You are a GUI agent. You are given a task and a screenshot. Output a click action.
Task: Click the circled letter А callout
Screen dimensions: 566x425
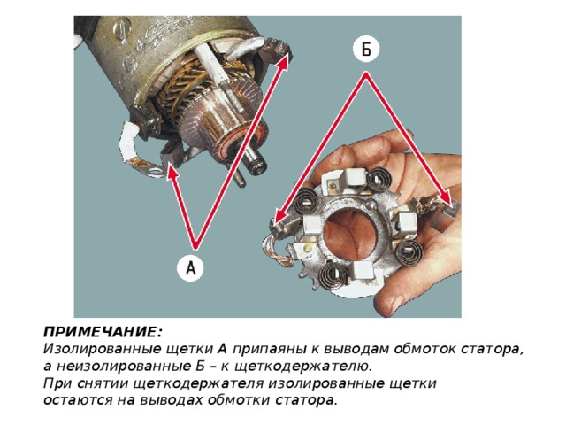190,268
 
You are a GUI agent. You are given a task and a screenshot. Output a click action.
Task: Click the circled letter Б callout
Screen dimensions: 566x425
366,50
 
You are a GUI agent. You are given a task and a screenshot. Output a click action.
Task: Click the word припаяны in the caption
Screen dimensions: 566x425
269,350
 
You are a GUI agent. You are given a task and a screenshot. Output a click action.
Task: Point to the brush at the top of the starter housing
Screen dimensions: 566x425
277,48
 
